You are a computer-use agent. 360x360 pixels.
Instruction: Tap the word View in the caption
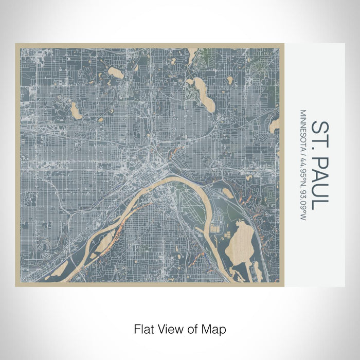168,328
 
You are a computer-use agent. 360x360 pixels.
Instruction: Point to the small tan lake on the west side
76,110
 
